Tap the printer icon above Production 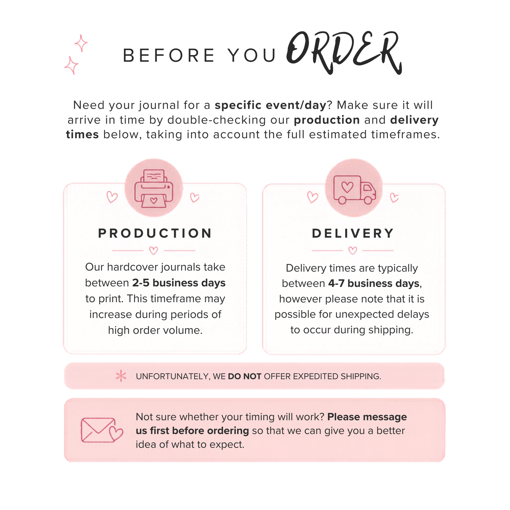point(154,188)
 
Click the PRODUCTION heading point(155,233)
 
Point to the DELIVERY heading point(353,233)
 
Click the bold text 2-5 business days point(179,283)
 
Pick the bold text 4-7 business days point(374,283)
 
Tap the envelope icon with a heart point(102,430)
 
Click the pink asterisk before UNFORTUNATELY point(121,376)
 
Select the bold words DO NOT point(245,376)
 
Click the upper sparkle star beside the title point(81,43)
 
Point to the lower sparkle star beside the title point(71,65)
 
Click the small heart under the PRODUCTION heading point(154,250)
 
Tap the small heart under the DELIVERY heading point(353,250)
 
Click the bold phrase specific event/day point(270,105)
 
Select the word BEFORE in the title point(169,56)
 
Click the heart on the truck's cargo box point(347,187)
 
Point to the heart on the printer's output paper point(154,200)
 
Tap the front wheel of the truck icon point(368,200)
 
